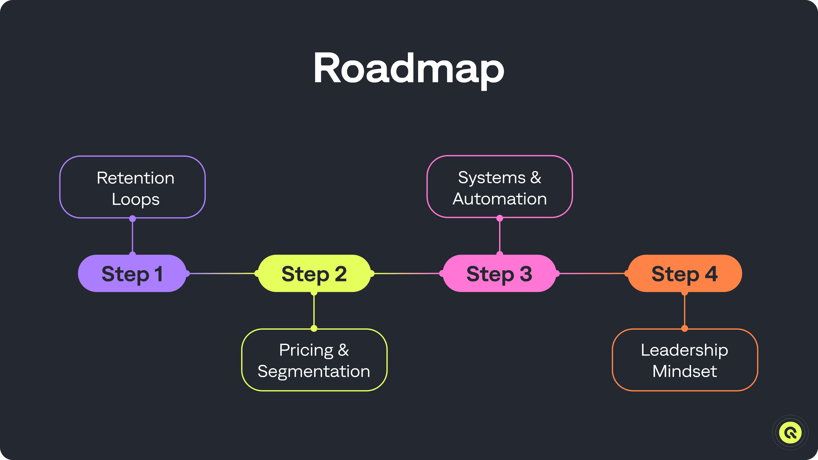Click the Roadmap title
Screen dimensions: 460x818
(x=409, y=68)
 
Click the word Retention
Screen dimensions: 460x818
(x=135, y=178)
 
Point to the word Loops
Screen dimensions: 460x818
(x=135, y=199)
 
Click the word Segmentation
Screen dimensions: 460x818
(x=314, y=371)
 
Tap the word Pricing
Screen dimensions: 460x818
(x=306, y=350)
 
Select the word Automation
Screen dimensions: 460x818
(x=500, y=199)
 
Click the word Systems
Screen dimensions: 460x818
(x=492, y=177)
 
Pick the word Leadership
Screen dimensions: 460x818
(x=684, y=350)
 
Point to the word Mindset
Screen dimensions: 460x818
(x=685, y=371)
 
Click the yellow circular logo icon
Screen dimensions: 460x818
(x=790, y=432)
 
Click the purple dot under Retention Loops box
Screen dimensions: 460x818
(x=133, y=219)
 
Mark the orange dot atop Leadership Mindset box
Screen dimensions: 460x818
(x=685, y=328)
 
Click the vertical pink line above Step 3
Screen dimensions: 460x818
(x=500, y=237)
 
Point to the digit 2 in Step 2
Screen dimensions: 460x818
(x=341, y=274)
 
